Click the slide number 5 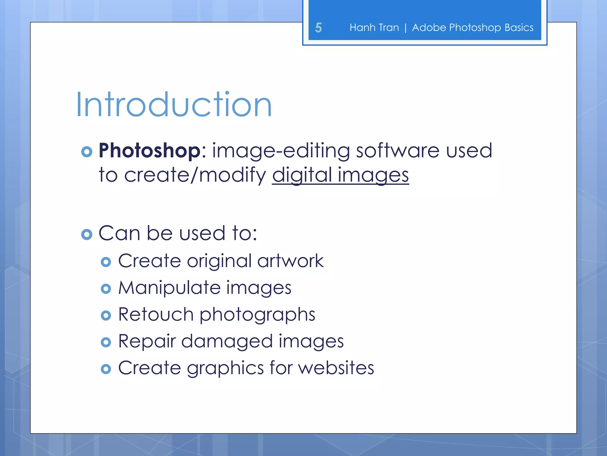pyautogui.click(x=318, y=28)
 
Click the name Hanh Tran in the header pyautogui.click(x=374, y=28)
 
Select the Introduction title pyautogui.click(x=174, y=105)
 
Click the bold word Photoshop pyautogui.click(x=150, y=151)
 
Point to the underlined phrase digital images pyautogui.click(x=340, y=175)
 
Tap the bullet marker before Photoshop pyautogui.click(x=87, y=152)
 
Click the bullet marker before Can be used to pyautogui.click(x=87, y=235)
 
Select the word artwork pyautogui.click(x=290, y=261)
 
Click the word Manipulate pyautogui.click(x=170, y=288)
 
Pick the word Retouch pyautogui.click(x=156, y=314)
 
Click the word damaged pyautogui.click(x=227, y=341)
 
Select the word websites pyautogui.click(x=336, y=368)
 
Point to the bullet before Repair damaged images pyautogui.click(x=106, y=342)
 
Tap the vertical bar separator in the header pyautogui.click(x=405, y=28)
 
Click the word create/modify pyautogui.click(x=195, y=175)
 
